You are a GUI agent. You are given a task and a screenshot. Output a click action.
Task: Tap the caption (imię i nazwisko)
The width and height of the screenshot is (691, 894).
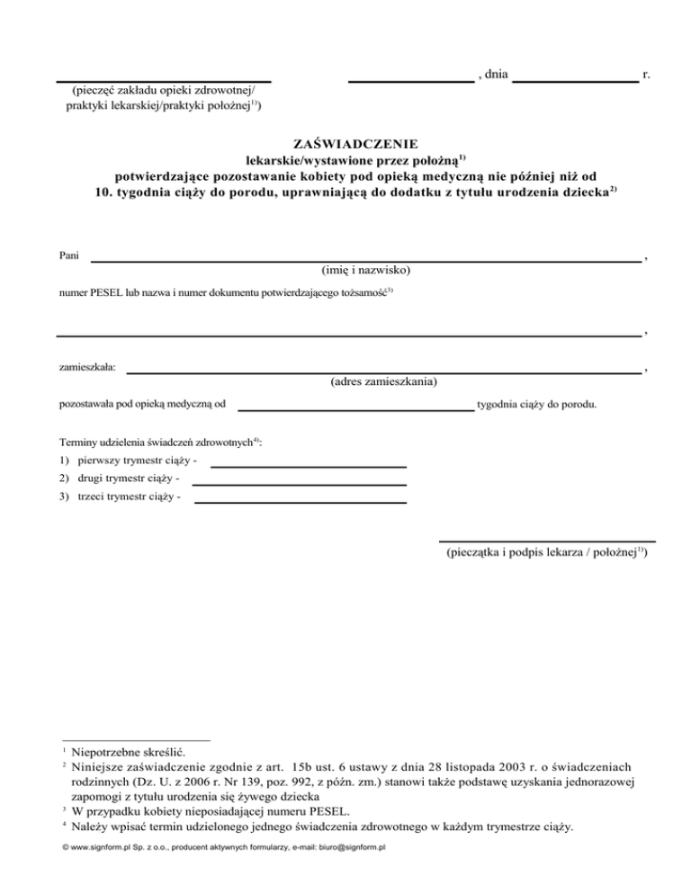click(x=366, y=270)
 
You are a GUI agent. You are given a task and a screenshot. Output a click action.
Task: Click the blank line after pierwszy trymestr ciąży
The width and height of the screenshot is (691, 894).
click(x=308, y=467)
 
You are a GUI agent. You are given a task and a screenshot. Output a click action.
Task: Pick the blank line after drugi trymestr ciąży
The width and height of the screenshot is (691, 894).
click(x=300, y=485)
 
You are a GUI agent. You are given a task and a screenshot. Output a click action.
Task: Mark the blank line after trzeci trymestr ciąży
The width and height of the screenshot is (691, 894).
click(x=301, y=503)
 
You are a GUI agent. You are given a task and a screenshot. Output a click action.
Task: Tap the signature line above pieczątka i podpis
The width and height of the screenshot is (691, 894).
click(x=546, y=541)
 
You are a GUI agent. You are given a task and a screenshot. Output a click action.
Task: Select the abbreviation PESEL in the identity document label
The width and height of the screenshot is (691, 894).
click(x=110, y=292)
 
